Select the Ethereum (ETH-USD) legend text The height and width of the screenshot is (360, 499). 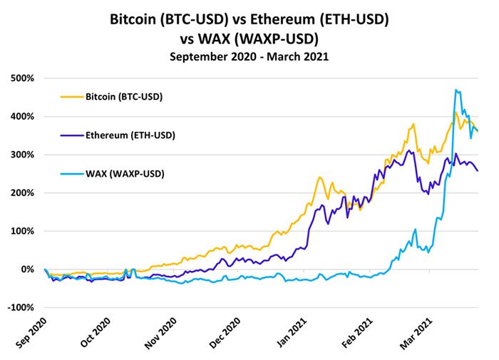[x=130, y=135]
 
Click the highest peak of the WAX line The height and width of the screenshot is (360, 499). [x=456, y=90]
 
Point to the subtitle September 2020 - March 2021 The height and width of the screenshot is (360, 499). [x=249, y=56]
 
